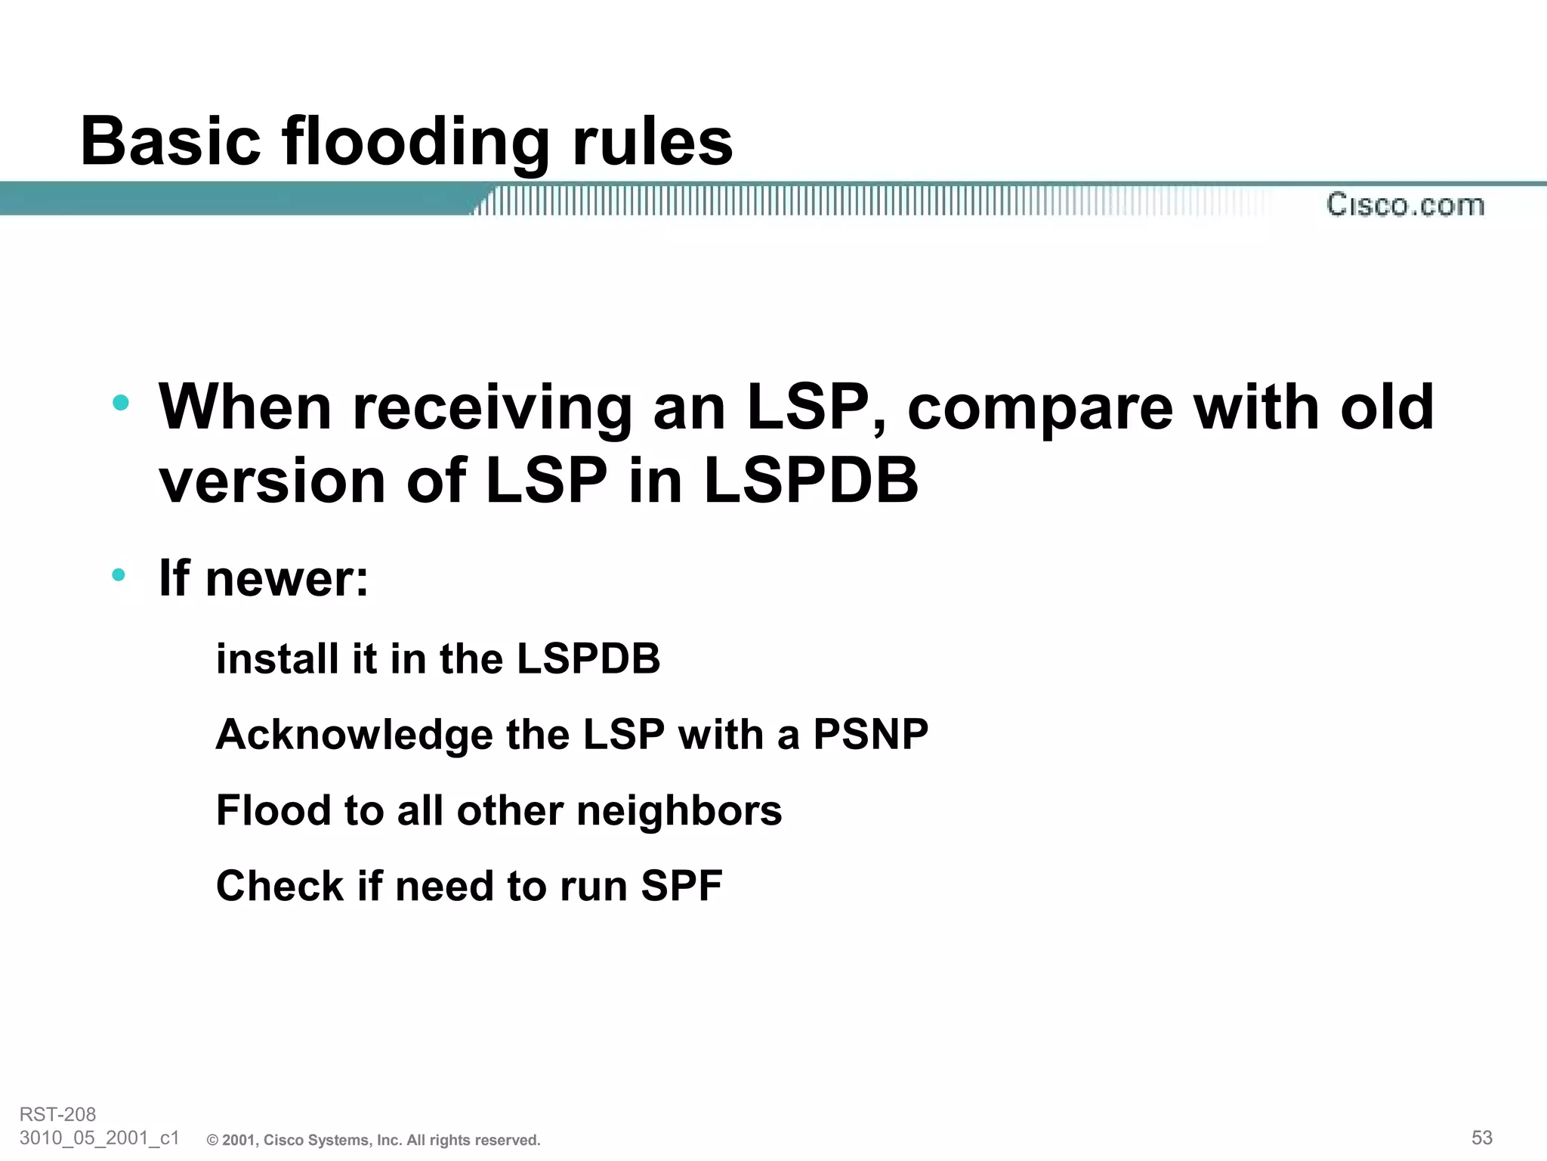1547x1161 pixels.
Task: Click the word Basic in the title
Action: coord(171,141)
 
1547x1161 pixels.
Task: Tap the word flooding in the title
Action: coord(415,141)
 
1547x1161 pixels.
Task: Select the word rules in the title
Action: coord(653,141)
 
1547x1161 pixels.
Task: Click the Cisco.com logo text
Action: coord(1405,205)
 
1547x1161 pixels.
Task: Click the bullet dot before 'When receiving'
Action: coord(120,402)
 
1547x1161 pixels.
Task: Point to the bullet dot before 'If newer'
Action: coord(119,575)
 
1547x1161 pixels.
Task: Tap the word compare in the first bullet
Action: coord(1040,408)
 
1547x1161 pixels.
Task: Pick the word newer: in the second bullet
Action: coord(287,578)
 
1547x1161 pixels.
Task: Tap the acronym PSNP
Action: coord(870,734)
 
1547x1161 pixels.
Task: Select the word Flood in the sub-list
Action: coord(273,810)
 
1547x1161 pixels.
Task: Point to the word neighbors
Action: coord(679,810)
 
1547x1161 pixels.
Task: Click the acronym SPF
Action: coord(681,886)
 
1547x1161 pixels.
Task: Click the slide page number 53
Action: coord(1481,1138)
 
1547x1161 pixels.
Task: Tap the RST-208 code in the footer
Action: coord(57,1114)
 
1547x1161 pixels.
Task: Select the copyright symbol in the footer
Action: coord(212,1141)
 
